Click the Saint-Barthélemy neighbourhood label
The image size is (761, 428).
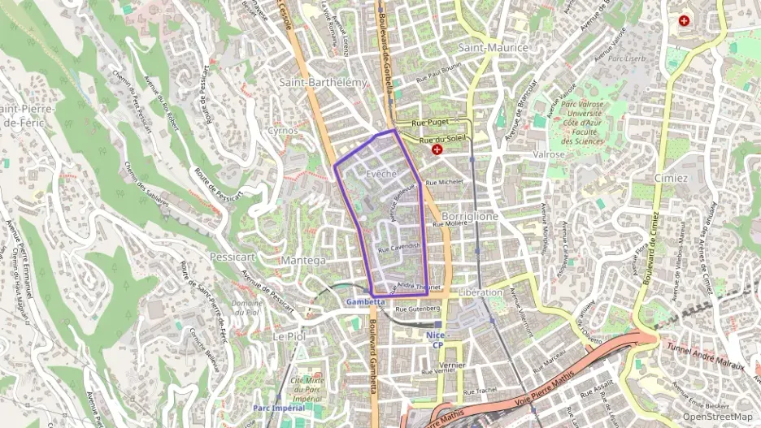pyautogui.click(x=324, y=82)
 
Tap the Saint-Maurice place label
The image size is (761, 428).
pyautogui.click(x=493, y=48)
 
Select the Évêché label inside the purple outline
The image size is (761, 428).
pyautogui.click(x=381, y=175)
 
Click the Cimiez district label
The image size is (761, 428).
pyautogui.click(x=671, y=178)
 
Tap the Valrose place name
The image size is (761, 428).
pyautogui.click(x=549, y=153)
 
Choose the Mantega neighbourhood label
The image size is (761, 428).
pyautogui.click(x=302, y=260)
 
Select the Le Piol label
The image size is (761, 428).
pyautogui.click(x=288, y=335)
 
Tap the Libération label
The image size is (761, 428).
pyautogui.click(x=481, y=292)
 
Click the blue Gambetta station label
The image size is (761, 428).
pyautogui.click(x=365, y=302)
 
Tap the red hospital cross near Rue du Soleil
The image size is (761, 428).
pyautogui.click(x=437, y=150)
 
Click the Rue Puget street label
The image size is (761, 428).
pyautogui.click(x=430, y=122)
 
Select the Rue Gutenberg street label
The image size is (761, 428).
pyautogui.click(x=417, y=309)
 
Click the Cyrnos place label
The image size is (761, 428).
pyautogui.click(x=283, y=130)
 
